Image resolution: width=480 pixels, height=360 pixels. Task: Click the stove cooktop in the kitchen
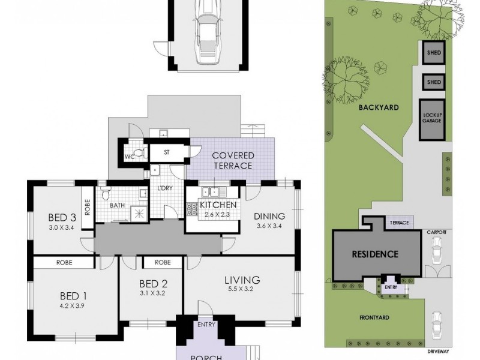(193, 209)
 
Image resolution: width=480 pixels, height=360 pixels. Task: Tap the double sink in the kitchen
(210, 192)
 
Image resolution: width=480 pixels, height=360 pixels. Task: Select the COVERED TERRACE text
(233, 161)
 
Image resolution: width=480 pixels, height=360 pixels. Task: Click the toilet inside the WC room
(139, 154)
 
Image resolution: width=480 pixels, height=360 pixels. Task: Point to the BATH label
(117, 205)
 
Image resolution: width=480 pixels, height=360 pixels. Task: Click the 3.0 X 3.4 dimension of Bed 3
(61, 227)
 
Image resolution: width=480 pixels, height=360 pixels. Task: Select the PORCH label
(206, 357)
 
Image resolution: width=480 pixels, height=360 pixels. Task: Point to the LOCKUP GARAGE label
(432, 117)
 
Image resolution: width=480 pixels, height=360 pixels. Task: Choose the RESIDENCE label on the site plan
(375, 254)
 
